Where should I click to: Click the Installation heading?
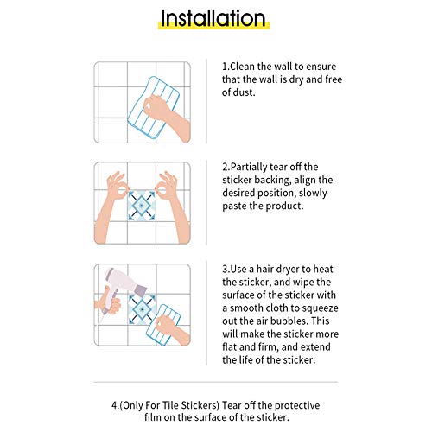click(213, 18)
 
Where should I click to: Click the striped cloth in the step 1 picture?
click(154, 109)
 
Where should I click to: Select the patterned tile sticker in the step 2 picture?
click(142, 206)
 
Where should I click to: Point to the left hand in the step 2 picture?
click(111, 207)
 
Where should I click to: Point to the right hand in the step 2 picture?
click(173, 207)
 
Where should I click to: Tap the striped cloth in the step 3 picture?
click(163, 325)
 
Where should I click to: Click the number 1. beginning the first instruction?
click(226, 67)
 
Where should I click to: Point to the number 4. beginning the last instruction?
click(116, 405)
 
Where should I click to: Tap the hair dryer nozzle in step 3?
click(141, 290)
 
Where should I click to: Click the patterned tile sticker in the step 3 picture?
click(142, 308)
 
